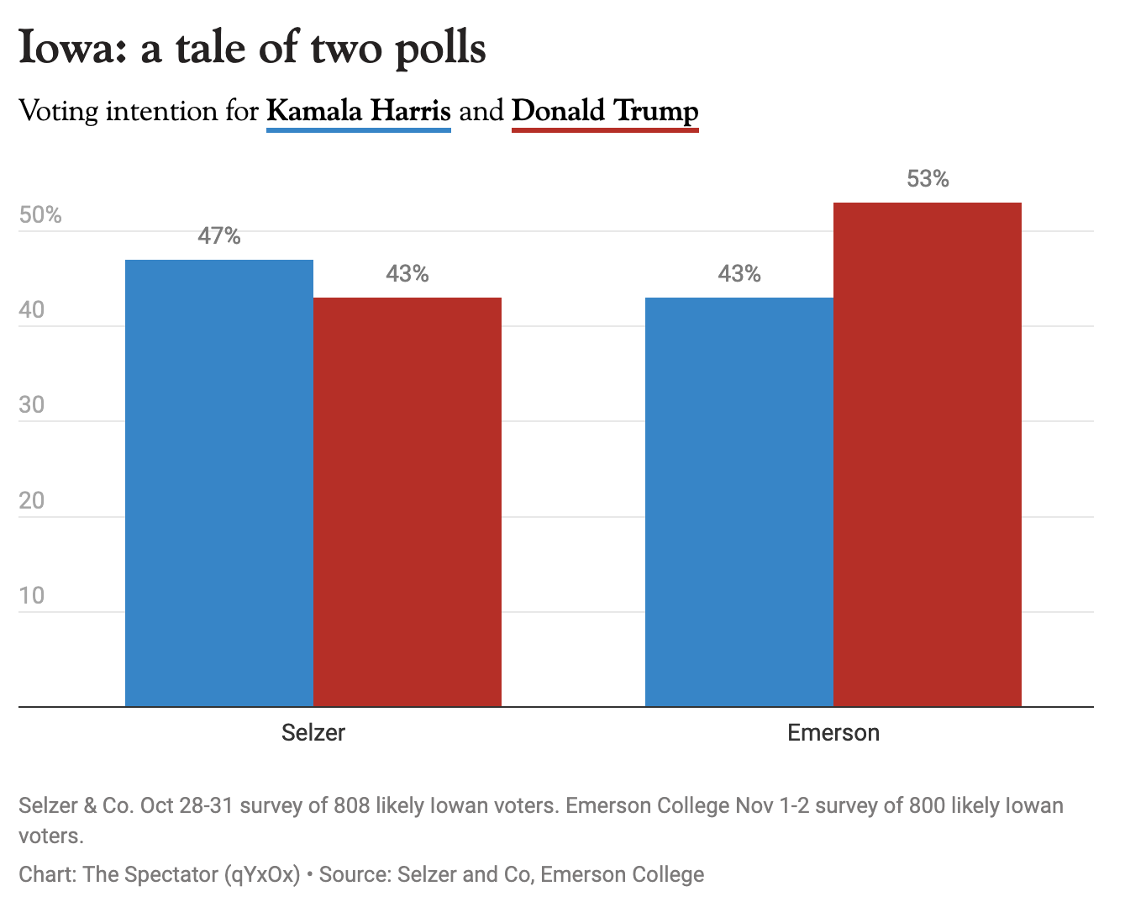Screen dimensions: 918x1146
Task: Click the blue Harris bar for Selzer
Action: point(219,483)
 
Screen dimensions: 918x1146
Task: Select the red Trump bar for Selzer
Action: point(407,502)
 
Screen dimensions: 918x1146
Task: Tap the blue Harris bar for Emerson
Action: point(739,502)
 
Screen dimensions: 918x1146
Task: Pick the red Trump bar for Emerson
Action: point(928,454)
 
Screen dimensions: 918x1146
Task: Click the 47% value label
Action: point(219,236)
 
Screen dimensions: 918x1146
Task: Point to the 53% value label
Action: point(928,179)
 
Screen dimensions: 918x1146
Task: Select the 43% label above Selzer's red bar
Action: point(407,274)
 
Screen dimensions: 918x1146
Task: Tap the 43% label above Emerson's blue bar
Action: point(739,274)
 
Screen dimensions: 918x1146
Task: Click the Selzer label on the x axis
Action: point(313,733)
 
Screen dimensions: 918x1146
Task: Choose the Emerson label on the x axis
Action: point(833,733)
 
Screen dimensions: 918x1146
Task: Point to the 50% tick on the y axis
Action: point(40,215)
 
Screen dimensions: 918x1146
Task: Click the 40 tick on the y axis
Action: point(32,310)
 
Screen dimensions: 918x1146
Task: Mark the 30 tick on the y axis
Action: point(32,405)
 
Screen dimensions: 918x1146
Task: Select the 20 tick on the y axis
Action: point(32,501)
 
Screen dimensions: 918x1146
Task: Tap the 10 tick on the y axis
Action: point(32,596)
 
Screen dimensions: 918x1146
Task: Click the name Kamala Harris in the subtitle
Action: point(359,111)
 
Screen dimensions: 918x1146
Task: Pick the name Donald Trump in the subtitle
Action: point(605,111)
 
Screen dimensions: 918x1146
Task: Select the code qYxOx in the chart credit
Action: point(261,874)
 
